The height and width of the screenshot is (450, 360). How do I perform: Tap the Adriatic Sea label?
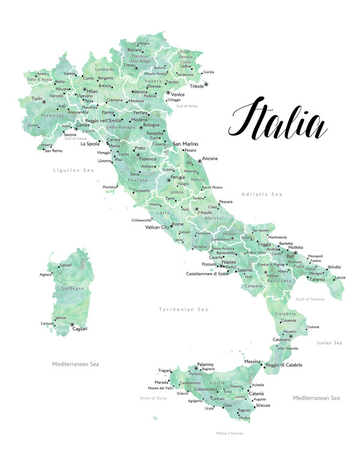click(x=261, y=194)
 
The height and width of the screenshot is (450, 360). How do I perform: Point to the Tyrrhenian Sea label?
click(x=183, y=309)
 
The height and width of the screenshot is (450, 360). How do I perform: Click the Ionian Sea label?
click(x=329, y=343)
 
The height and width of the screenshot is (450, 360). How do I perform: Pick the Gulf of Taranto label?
click(x=310, y=299)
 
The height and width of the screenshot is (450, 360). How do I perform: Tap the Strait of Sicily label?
click(x=153, y=398)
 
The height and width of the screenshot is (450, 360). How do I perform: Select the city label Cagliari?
click(x=79, y=329)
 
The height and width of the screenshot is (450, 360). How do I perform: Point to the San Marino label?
click(x=185, y=144)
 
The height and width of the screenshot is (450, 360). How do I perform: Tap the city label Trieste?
click(x=196, y=86)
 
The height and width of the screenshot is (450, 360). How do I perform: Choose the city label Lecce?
click(x=340, y=277)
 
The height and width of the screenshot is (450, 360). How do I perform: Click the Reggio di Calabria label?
click(x=284, y=365)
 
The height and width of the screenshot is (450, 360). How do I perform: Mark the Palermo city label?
click(x=205, y=364)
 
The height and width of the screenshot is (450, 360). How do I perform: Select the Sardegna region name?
click(x=73, y=288)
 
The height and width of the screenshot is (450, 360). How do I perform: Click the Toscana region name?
click(x=137, y=180)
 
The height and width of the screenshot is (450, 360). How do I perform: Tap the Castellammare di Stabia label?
click(x=208, y=274)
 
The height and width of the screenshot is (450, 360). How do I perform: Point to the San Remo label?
click(x=53, y=151)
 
